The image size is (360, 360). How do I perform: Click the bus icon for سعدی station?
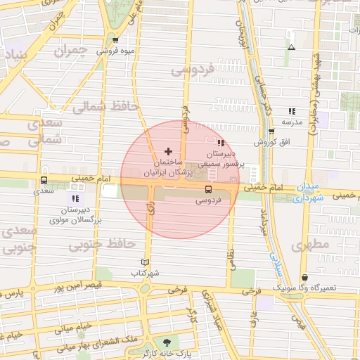[x=44, y=179]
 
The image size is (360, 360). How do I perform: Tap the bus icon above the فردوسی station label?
[x=208, y=189]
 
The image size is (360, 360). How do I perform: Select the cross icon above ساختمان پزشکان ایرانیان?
[x=167, y=151]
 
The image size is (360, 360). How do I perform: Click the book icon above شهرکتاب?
[x=146, y=262]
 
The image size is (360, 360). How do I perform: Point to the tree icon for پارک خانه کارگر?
[x=166, y=342]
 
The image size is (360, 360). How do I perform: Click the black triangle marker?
[x=291, y=48]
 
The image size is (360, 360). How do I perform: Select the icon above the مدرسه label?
[x=292, y=111]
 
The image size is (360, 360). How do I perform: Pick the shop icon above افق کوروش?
[x=271, y=131]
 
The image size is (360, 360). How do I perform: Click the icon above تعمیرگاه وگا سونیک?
[x=304, y=278]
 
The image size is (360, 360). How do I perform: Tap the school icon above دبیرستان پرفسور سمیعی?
[x=221, y=143]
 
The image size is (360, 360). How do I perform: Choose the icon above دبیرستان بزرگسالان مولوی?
[x=75, y=199]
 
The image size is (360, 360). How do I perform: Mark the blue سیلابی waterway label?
[x=274, y=260]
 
